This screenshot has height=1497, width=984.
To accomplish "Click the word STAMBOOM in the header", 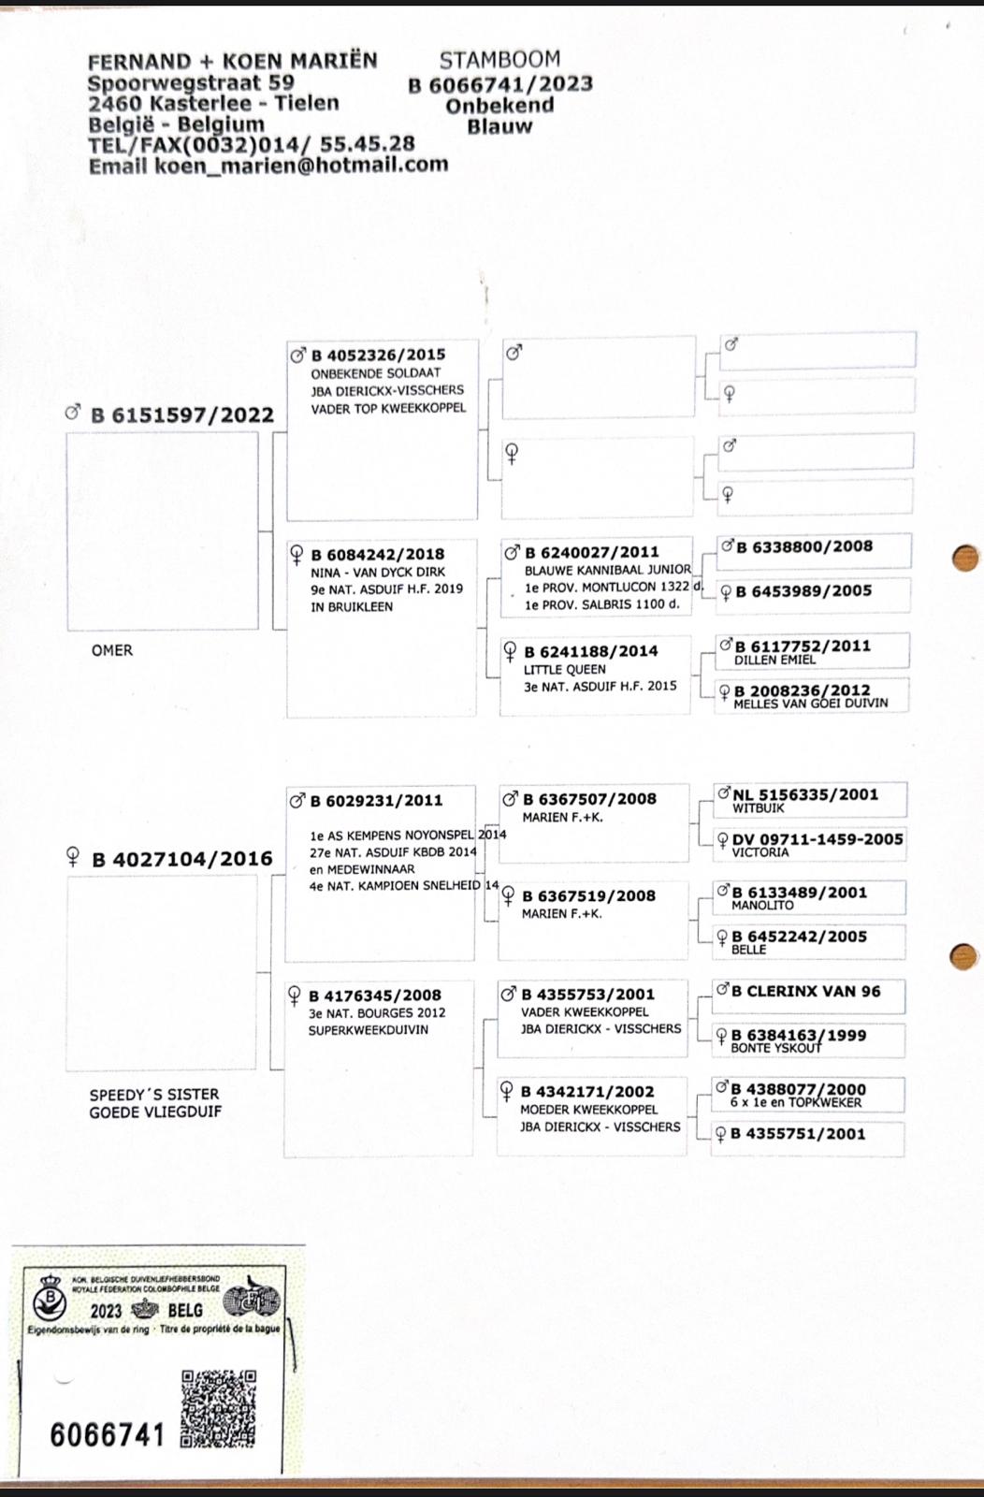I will (x=499, y=60).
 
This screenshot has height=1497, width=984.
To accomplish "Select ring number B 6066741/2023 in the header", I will (x=499, y=84).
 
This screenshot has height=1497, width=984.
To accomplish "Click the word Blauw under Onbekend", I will (x=499, y=126).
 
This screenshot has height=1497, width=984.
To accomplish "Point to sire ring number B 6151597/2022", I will (x=181, y=414).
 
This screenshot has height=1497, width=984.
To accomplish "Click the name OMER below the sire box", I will (x=112, y=650).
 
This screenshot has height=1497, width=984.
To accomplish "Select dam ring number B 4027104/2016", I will (x=181, y=859).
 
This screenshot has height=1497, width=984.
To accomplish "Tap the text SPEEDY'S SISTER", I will (x=154, y=1094).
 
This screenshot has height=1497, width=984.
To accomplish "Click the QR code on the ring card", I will (x=219, y=1408).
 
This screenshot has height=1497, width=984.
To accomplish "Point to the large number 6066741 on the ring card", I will (x=108, y=1434).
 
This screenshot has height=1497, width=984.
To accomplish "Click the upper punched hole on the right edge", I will (x=964, y=558).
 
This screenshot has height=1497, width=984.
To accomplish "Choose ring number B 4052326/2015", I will (x=378, y=355).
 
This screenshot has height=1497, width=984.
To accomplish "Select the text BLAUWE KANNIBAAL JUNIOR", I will (x=607, y=569).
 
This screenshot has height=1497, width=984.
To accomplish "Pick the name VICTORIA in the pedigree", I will (x=760, y=852).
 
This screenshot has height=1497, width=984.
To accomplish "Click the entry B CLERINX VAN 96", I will (x=805, y=991).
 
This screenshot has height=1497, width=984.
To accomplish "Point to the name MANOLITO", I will (x=762, y=905).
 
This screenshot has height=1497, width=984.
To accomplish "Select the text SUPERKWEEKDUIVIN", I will (x=369, y=1030).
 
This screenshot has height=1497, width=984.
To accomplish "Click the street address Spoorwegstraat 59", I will (x=191, y=82).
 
